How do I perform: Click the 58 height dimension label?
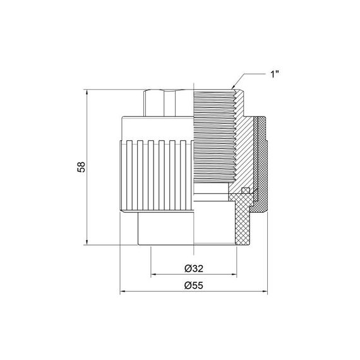click(x=81, y=167)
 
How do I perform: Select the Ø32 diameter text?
click(x=195, y=268)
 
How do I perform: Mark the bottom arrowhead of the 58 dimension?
click(x=86, y=244)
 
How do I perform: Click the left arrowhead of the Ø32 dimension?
click(x=153, y=275)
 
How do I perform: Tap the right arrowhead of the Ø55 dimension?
click(x=266, y=292)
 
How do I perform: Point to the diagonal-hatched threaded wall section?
click(x=237, y=139)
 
